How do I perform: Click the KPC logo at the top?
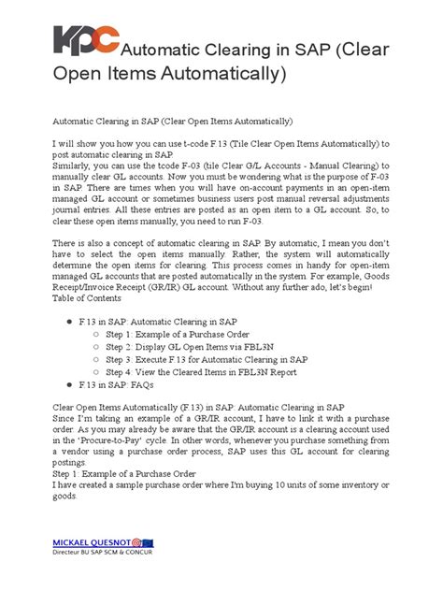coord(86,43)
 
